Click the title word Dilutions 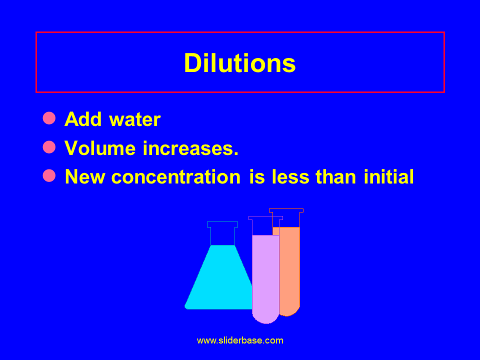tap(240, 63)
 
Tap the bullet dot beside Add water tap(49, 118)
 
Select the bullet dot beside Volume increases tap(49, 147)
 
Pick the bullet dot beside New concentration tap(49, 175)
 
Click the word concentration tap(175, 177)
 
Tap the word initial tap(389, 177)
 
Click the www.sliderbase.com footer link tap(240, 341)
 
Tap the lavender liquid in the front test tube tap(265, 275)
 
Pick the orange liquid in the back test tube tap(289, 270)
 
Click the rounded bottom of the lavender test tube tap(265, 317)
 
